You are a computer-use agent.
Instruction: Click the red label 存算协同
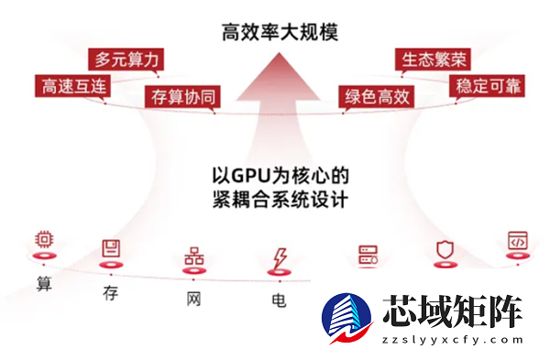pyautogui.click(x=183, y=96)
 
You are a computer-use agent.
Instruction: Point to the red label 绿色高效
pyautogui.click(x=376, y=96)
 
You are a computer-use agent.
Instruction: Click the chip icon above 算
pyautogui.click(x=43, y=240)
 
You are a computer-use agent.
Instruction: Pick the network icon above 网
pyautogui.click(x=193, y=256)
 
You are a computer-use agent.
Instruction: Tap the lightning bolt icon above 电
pyautogui.click(x=277, y=258)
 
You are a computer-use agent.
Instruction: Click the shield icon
pyautogui.click(x=445, y=248)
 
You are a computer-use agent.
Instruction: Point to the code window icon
pyautogui.click(x=518, y=240)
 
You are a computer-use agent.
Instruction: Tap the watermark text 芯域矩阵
pyautogui.click(x=452, y=312)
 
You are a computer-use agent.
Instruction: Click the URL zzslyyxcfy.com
pyautogui.click(x=452, y=340)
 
